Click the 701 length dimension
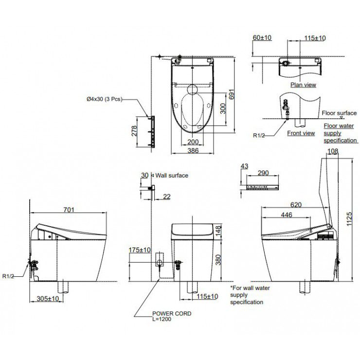[69, 210]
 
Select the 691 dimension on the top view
[238, 96]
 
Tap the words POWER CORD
[172, 314]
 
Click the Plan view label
[303, 85]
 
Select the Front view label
[301, 133]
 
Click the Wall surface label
[171, 175]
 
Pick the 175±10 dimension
[139, 250]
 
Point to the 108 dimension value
[333, 152]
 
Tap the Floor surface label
[339, 112]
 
